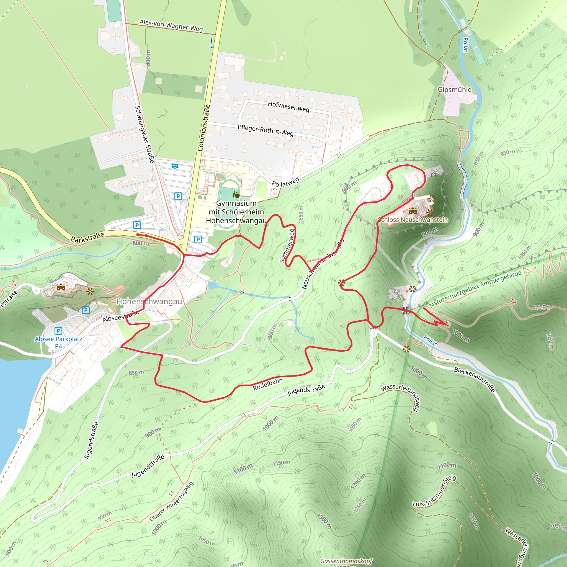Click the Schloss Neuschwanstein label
(413, 220)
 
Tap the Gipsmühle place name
(454, 89)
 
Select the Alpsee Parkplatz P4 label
(58, 342)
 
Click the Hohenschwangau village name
(149, 301)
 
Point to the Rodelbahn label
(268, 384)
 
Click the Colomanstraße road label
(204, 128)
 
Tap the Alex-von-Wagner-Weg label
(171, 25)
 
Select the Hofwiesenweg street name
(288, 107)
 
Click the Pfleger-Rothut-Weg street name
(265, 130)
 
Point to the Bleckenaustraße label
(475, 380)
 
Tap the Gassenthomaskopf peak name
(346, 561)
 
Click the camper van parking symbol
(175, 166)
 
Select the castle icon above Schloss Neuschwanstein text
(413, 211)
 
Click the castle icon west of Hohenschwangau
(61, 287)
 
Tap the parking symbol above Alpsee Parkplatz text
(58, 331)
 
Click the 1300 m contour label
(324, 521)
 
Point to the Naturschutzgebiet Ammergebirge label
(475, 289)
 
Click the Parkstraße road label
(87, 237)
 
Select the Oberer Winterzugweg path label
(171, 502)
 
